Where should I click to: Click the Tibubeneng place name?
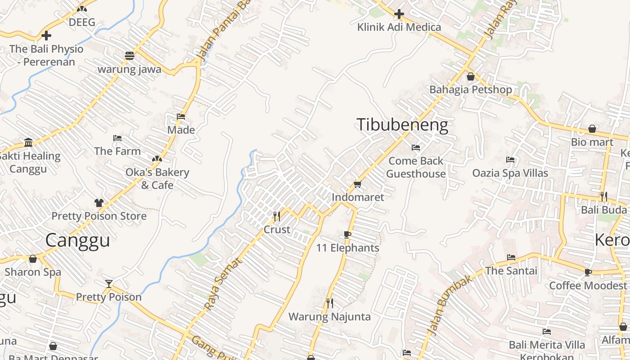coord(402,125)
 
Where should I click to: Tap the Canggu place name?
coord(77,240)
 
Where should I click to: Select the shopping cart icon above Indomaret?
coord(358,184)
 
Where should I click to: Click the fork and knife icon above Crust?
coord(277,216)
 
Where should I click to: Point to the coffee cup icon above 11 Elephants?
coord(347,234)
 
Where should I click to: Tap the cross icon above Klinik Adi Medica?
coord(399,14)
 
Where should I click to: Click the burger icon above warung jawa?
coord(130,56)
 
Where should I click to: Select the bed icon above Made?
coord(181,117)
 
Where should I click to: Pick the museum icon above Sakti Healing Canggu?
coord(29,143)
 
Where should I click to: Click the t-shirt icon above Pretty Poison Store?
coord(99,203)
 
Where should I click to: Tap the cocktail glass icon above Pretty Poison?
coord(108,283)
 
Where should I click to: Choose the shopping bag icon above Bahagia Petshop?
coord(471,76)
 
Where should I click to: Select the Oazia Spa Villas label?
coord(510,173)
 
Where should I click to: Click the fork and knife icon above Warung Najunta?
coord(330,303)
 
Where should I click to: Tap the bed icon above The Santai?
coord(511,258)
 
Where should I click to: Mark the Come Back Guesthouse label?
coord(416,167)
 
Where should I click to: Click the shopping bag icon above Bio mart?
coord(592,129)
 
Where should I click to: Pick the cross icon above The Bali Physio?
coord(46,36)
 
